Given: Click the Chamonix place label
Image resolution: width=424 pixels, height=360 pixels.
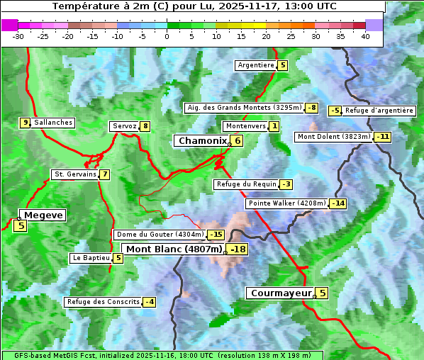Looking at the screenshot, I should pyautogui.click(x=202, y=141).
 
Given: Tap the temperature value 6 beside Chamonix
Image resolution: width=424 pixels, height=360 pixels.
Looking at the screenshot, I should pyautogui.click(x=238, y=141).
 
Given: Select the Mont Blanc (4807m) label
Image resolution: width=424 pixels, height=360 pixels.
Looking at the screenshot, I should pyautogui.click(x=174, y=249).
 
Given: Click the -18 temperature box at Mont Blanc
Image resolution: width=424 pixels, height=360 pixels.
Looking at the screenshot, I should pyautogui.click(x=238, y=249).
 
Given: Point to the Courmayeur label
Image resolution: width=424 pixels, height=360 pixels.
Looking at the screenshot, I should pyautogui.click(x=281, y=293).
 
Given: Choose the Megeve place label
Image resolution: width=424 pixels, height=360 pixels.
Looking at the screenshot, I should pyautogui.click(x=43, y=215).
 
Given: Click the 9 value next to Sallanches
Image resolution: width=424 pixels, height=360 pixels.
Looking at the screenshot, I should pyautogui.click(x=25, y=123).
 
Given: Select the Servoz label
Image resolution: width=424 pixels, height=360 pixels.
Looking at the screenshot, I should pyautogui.click(x=123, y=126).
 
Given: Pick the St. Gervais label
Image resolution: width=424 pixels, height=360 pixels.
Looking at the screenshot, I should pyautogui.click(x=74, y=174).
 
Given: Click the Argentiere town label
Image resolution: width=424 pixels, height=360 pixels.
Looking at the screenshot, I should pyautogui.click(x=255, y=65).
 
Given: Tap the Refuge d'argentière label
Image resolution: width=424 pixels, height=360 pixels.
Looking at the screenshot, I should pyautogui.click(x=379, y=111).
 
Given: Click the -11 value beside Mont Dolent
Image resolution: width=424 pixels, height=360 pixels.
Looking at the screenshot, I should pyautogui.click(x=383, y=137).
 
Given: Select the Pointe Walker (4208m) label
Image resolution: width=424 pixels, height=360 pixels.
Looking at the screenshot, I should pyautogui.click(x=286, y=203).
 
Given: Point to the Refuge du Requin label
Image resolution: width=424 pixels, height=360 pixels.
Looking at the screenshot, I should pyautogui.click(x=245, y=184).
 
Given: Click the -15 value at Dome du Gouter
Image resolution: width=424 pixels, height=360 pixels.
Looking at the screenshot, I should pyautogui.click(x=216, y=235).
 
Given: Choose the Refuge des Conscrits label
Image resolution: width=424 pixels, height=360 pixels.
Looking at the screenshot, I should pyautogui.click(x=102, y=302).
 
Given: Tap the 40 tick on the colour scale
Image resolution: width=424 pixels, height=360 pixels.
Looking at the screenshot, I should pyautogui.click(x=365, y=36).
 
